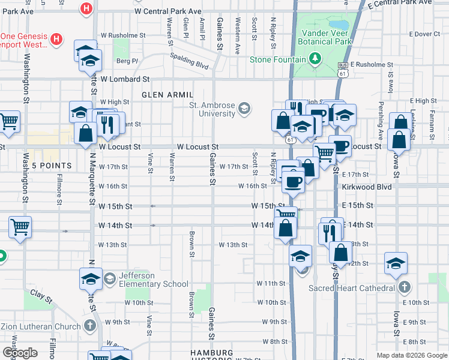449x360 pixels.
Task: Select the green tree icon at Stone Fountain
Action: tap(314, 58)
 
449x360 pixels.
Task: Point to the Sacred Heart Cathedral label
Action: tap(351, 288)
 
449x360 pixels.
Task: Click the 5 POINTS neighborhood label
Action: tap(52, 166)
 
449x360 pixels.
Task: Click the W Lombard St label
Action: tap(125, 79)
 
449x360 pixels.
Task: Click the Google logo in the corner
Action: tap(20, 353)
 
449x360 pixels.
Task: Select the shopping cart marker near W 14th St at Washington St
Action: tap(20, 227)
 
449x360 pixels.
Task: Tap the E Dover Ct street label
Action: tap(424, 34)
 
